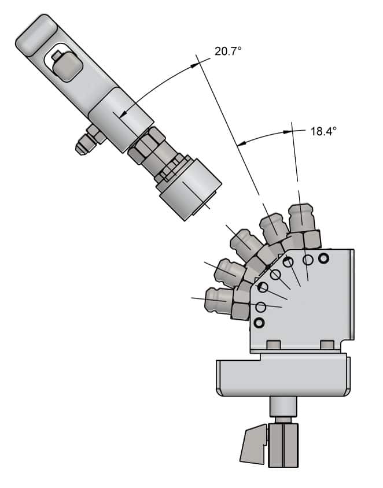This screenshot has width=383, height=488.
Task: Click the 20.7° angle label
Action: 228,51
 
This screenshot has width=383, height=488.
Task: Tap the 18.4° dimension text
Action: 323,131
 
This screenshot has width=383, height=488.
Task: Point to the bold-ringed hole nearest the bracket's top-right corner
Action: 322,257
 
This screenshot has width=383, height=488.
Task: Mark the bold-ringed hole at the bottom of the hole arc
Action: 259,322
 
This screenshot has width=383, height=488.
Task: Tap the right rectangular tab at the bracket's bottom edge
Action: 327,345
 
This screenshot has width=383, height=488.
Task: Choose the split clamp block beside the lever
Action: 283,445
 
